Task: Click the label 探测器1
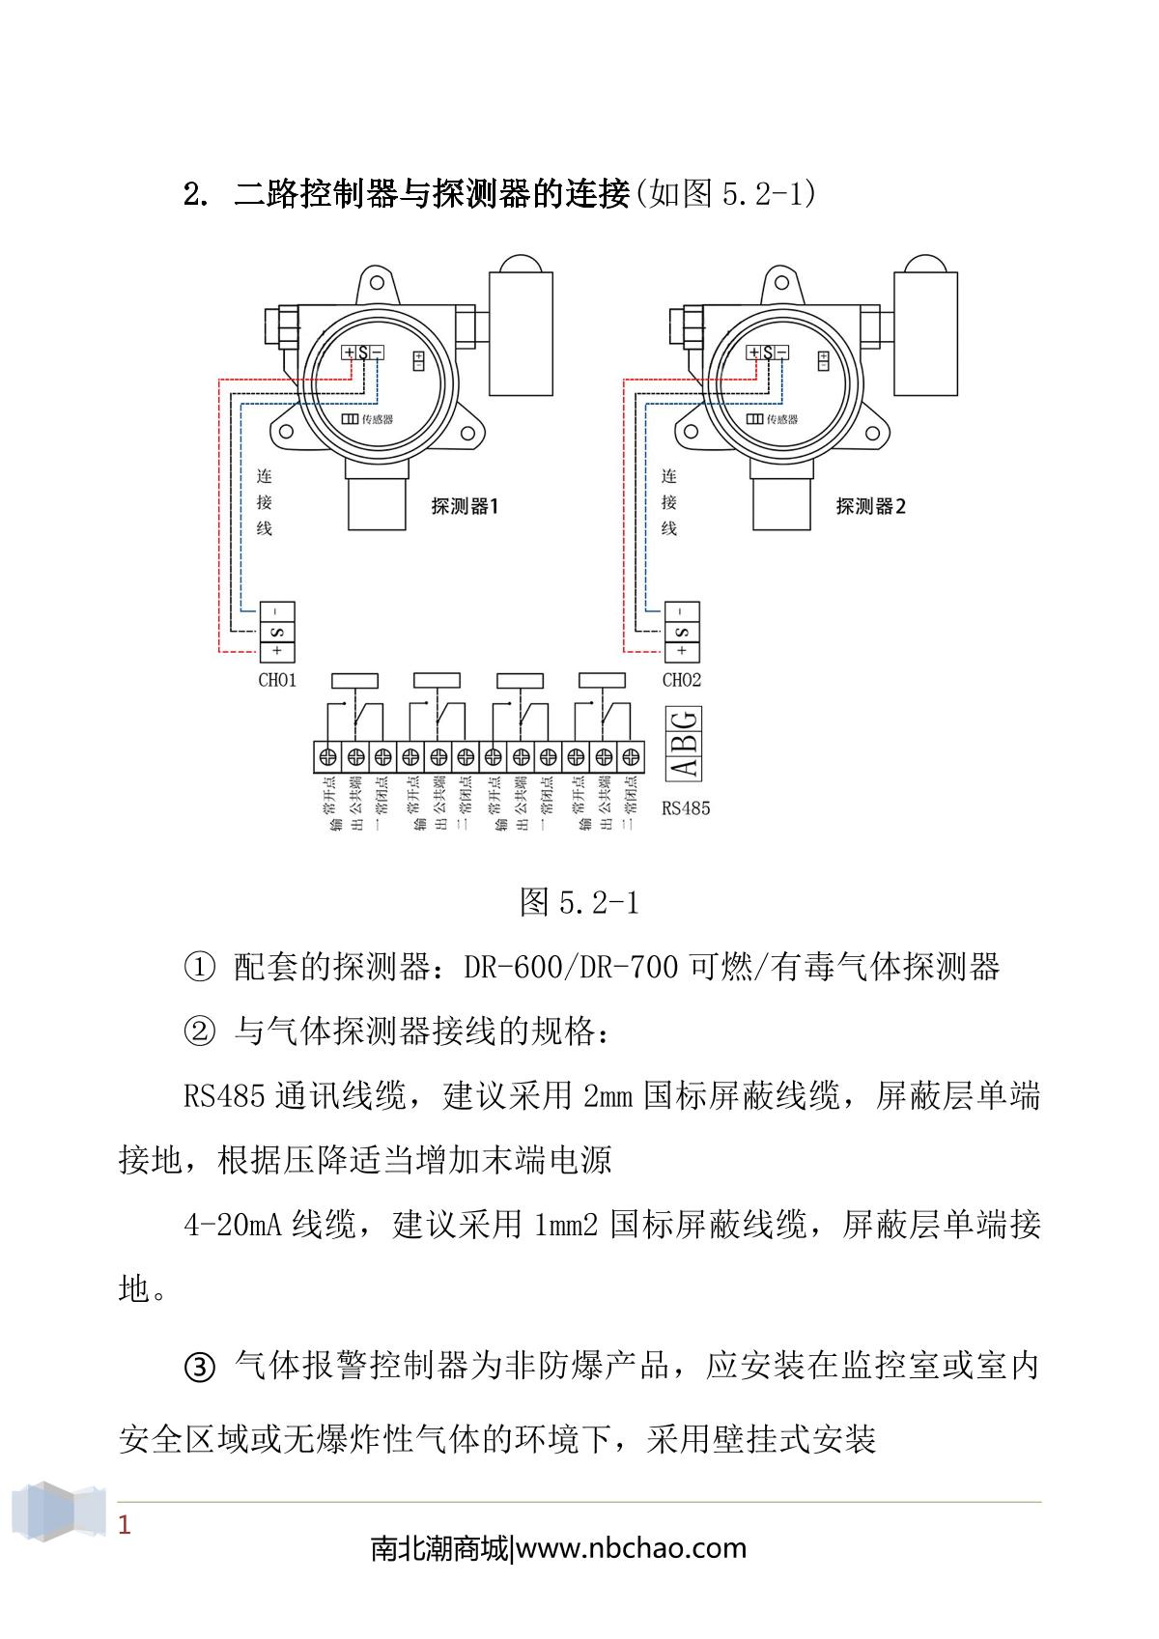tap(465, 506)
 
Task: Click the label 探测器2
tap(870, 506)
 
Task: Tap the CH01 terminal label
tap(277, 680)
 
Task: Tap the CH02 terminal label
tap(682, 680)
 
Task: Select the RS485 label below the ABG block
tap(685, 808)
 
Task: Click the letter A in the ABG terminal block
tap(684, 766)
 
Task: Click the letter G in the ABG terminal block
tap(684, 721)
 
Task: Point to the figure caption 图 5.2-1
tap(579, 902)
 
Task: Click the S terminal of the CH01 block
tap(277, 633)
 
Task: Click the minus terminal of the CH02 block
tap(683, 612)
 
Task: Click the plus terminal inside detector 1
tap(349, 353)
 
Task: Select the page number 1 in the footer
tap(124, 1525)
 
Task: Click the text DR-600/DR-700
tap(571, 967)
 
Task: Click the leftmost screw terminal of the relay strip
tap(327, 755)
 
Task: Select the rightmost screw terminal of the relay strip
tap(632, 755)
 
